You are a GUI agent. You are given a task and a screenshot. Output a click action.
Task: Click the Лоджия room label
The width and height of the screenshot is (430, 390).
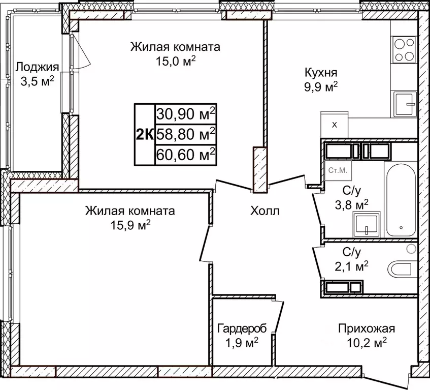(37, 67)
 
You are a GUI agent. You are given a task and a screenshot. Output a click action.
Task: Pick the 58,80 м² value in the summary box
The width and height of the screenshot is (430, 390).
(185, 134)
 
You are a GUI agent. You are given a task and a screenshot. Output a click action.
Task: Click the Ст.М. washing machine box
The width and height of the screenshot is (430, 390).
(337, 171)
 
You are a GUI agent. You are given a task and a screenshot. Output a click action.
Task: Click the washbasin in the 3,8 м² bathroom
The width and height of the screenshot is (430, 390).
(366, 224)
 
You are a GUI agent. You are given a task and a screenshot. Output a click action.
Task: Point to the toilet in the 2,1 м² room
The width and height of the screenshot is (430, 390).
(401, 268)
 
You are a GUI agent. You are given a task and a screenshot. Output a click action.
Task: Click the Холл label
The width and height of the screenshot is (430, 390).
(264, 211)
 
